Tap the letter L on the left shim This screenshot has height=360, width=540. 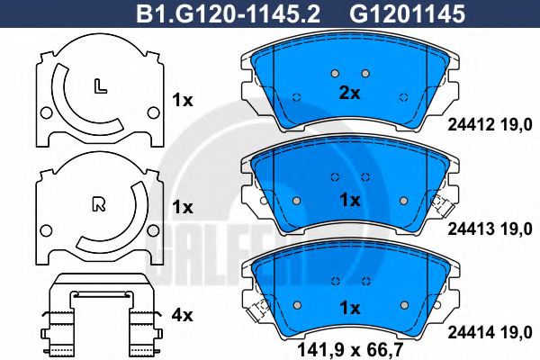click(99, 86)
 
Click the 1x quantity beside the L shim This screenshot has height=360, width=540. click(182, 101)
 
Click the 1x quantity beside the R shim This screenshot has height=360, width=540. click(182, 206)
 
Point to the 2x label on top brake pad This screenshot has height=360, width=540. click(348, 94)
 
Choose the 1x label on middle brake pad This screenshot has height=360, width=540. click(348, 199)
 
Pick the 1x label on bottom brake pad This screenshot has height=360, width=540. click(348, 308)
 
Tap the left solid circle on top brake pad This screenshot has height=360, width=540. click(333, 73)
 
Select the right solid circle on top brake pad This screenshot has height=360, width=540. click(365, 73)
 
